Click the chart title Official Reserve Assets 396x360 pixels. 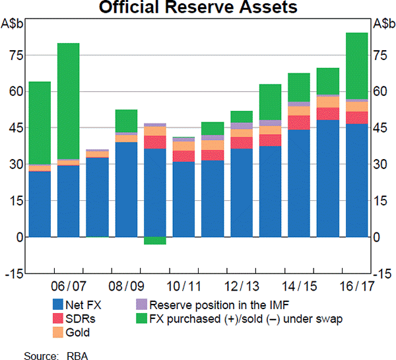pyautogui.click(x=198, y=9)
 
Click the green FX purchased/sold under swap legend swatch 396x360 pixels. pyautogui.click(x=140, y=318)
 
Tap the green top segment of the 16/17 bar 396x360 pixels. pyautogui.click(x=356, y=65)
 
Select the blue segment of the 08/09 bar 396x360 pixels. pyautogui.click(x=125, y=189)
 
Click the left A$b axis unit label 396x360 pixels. pyautogui.click(x=14, y=24)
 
